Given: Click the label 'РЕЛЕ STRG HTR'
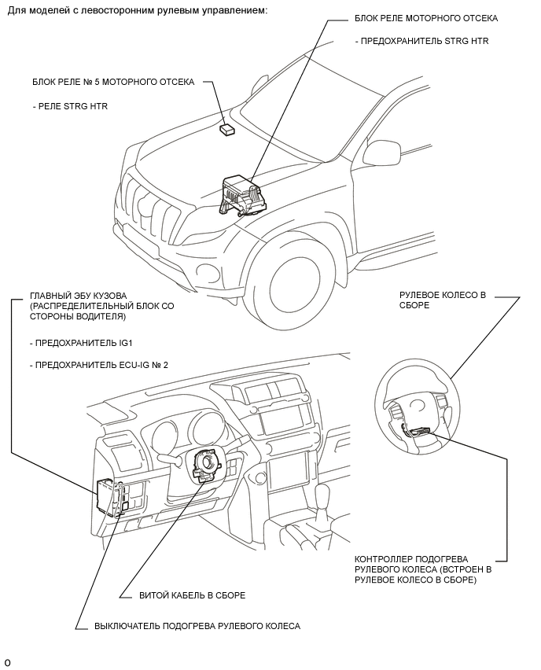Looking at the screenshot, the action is coord(72,106).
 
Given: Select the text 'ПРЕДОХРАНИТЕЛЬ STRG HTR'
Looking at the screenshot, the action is coord(425,42).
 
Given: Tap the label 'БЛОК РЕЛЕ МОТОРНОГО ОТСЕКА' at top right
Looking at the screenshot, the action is coord(426,18).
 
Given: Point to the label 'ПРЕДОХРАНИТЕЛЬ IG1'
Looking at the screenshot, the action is coord(86,343).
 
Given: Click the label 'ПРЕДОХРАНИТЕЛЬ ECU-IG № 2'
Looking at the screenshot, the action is coord(101,366).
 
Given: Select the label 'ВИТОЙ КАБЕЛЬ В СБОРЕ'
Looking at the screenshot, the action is coord(193,595).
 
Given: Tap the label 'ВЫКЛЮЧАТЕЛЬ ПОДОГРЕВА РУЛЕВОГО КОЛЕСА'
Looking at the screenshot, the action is coord(197,627).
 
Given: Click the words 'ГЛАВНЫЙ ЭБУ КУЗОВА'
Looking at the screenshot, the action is coord(78,296).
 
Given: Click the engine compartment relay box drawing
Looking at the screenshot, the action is coord(239,195).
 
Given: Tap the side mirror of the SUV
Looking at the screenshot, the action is coord(381,152).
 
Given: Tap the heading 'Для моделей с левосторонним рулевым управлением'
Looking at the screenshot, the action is coord(138,9).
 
